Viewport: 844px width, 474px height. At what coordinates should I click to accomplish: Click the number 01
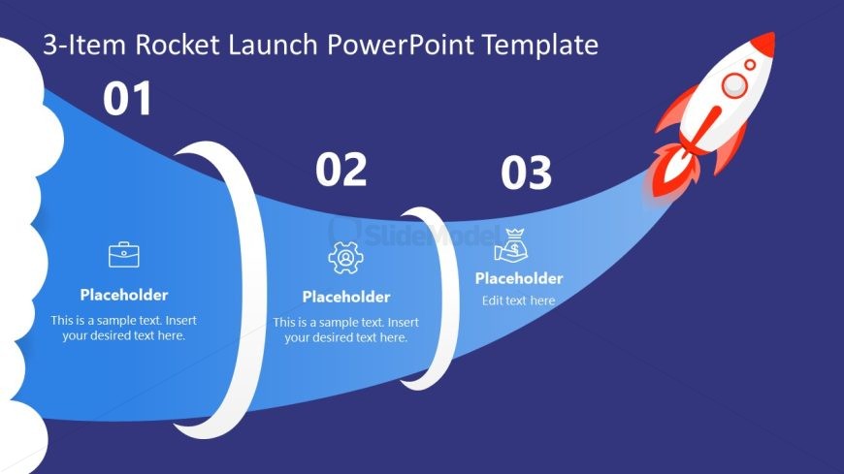tap(128, 99)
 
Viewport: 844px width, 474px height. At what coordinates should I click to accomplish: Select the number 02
tap(341, 170)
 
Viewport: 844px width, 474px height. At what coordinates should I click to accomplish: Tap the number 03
tap(526, 174)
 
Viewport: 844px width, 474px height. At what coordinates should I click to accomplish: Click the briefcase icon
tap(123, 255)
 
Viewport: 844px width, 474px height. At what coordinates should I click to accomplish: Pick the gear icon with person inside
tap(344, 258)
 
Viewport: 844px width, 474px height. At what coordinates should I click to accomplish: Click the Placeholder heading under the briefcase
tap(123, 296)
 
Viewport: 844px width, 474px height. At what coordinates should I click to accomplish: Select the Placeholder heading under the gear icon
tap(345, 297)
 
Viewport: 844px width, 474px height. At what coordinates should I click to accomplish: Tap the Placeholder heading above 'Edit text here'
tap(518, 278)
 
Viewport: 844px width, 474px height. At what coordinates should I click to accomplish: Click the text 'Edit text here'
tap(518, 300)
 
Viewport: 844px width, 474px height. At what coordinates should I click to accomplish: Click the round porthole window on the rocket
tap(734, 85)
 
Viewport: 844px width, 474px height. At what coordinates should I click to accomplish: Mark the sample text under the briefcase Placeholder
tap(123, 329)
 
